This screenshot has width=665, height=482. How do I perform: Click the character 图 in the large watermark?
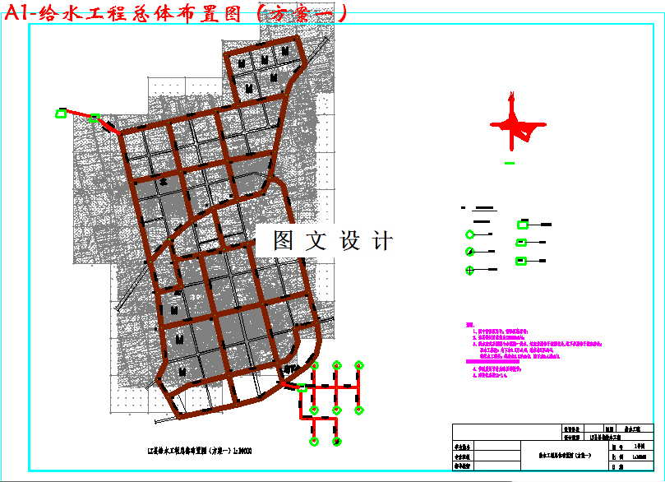pyautogui.click(x=283, y=241)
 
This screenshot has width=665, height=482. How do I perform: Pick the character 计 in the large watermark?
pyautogui.click(x=382, y=241)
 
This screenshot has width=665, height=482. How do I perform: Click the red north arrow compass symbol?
pyautogui.click(x=515, y=124)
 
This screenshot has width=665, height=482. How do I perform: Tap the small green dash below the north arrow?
pyautogui.click(x=510, y=163)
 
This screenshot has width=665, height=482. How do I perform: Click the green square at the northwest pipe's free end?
pyautogui.click(x=61, y=114)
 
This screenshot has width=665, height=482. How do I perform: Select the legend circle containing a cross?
pyautogui.click(x=470, y=270)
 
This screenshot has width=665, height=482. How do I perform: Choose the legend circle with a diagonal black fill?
pyautogui.click(x=470, y=252)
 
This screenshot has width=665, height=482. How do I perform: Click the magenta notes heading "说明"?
pyautogui.click(x=469, y=325)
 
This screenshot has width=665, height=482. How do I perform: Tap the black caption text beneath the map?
pyautogui.click(x=189, y=451)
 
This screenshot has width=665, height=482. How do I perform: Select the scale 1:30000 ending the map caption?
pyautogui.click(x=242, y=451)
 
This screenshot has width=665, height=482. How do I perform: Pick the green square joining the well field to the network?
pyautogui.click(x=302, y=387)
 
